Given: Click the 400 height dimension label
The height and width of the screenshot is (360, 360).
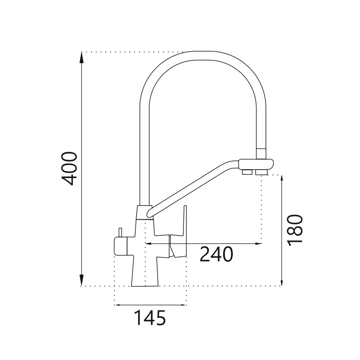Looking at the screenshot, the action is point(69,168).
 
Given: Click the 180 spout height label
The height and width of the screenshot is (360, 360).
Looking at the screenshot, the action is point(296,230).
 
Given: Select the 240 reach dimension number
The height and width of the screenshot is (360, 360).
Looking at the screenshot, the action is point(216,254).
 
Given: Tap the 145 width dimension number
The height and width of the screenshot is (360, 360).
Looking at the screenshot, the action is point(150,318).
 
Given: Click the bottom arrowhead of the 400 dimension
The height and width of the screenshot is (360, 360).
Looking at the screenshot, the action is point(82,280).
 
